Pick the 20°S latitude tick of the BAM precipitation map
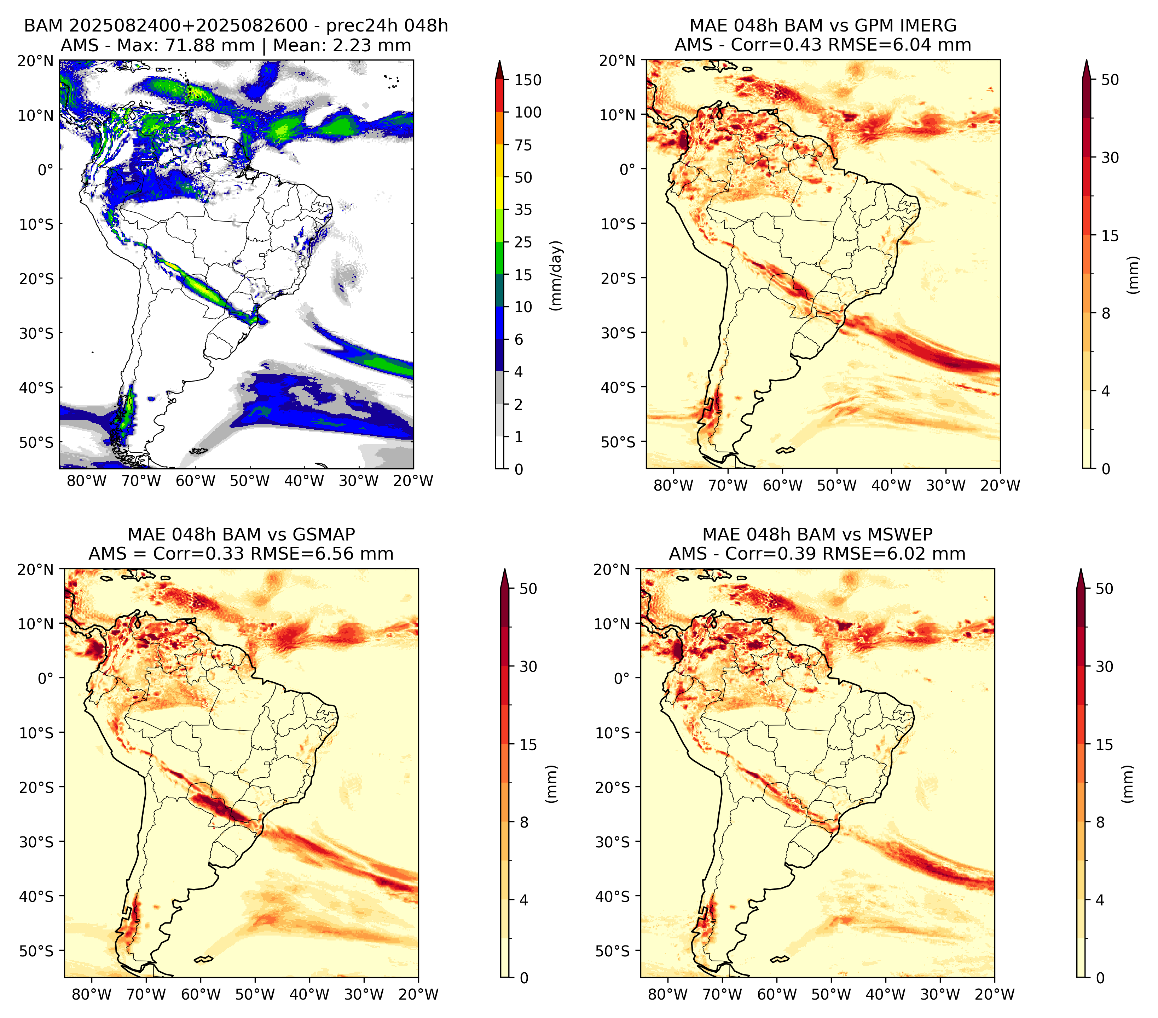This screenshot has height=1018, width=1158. pos(36,279)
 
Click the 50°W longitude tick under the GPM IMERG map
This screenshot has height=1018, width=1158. pos(837,485)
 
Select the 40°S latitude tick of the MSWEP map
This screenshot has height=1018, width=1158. pos(613,896)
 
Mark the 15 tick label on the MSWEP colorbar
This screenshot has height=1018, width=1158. pos(1104,744)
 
